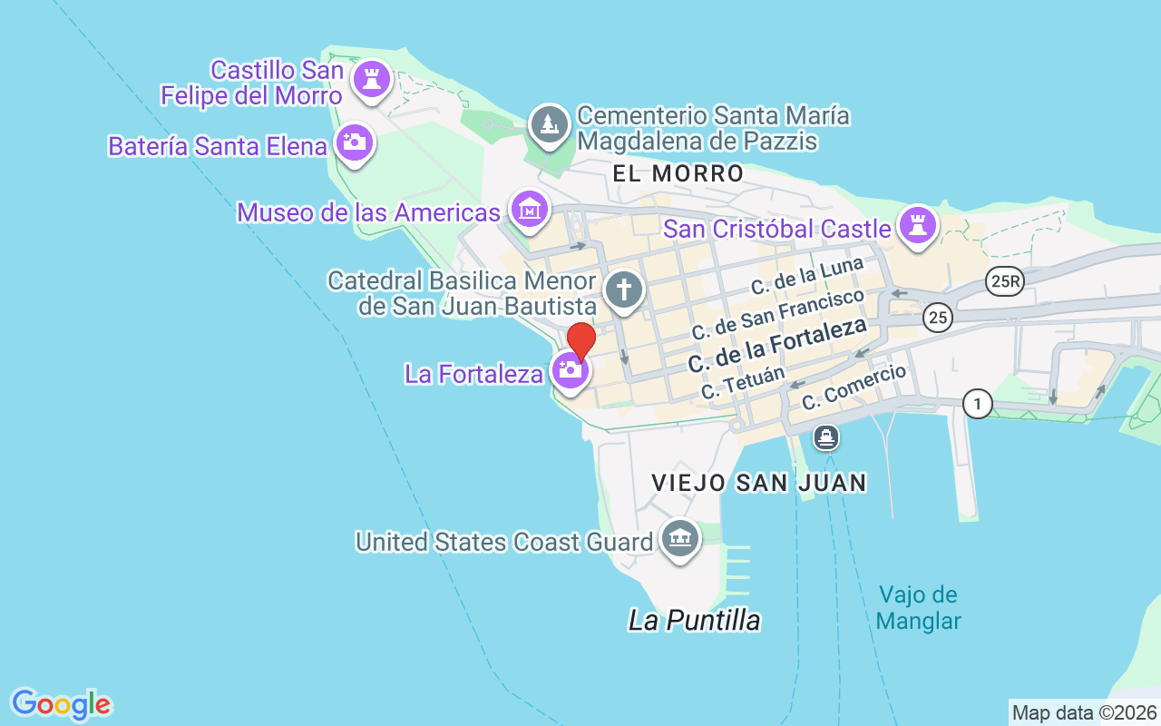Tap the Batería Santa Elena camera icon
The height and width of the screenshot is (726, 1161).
(354, 142)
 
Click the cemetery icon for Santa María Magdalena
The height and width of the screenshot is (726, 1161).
(549, 124)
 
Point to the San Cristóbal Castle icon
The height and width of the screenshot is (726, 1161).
(918, 223)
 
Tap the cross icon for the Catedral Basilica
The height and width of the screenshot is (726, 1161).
(624, 290)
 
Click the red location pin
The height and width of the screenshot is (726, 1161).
(580, 341)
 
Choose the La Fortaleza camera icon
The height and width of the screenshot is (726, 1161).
(571, 369)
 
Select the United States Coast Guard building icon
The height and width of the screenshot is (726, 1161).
(679, 539)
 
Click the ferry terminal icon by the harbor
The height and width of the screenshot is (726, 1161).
(826, 438)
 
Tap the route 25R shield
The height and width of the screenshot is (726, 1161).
(1006, 282)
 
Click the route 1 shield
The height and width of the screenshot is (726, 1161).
(977, 403)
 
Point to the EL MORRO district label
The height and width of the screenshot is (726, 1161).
(678, 173)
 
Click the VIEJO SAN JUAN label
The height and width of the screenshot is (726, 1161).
(759, 483)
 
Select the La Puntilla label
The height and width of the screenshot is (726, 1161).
(694, 621)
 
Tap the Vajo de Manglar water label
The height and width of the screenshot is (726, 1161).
(919, 608)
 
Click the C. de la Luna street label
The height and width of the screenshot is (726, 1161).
(807, 276)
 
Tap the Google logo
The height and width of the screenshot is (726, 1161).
(61, 704)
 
